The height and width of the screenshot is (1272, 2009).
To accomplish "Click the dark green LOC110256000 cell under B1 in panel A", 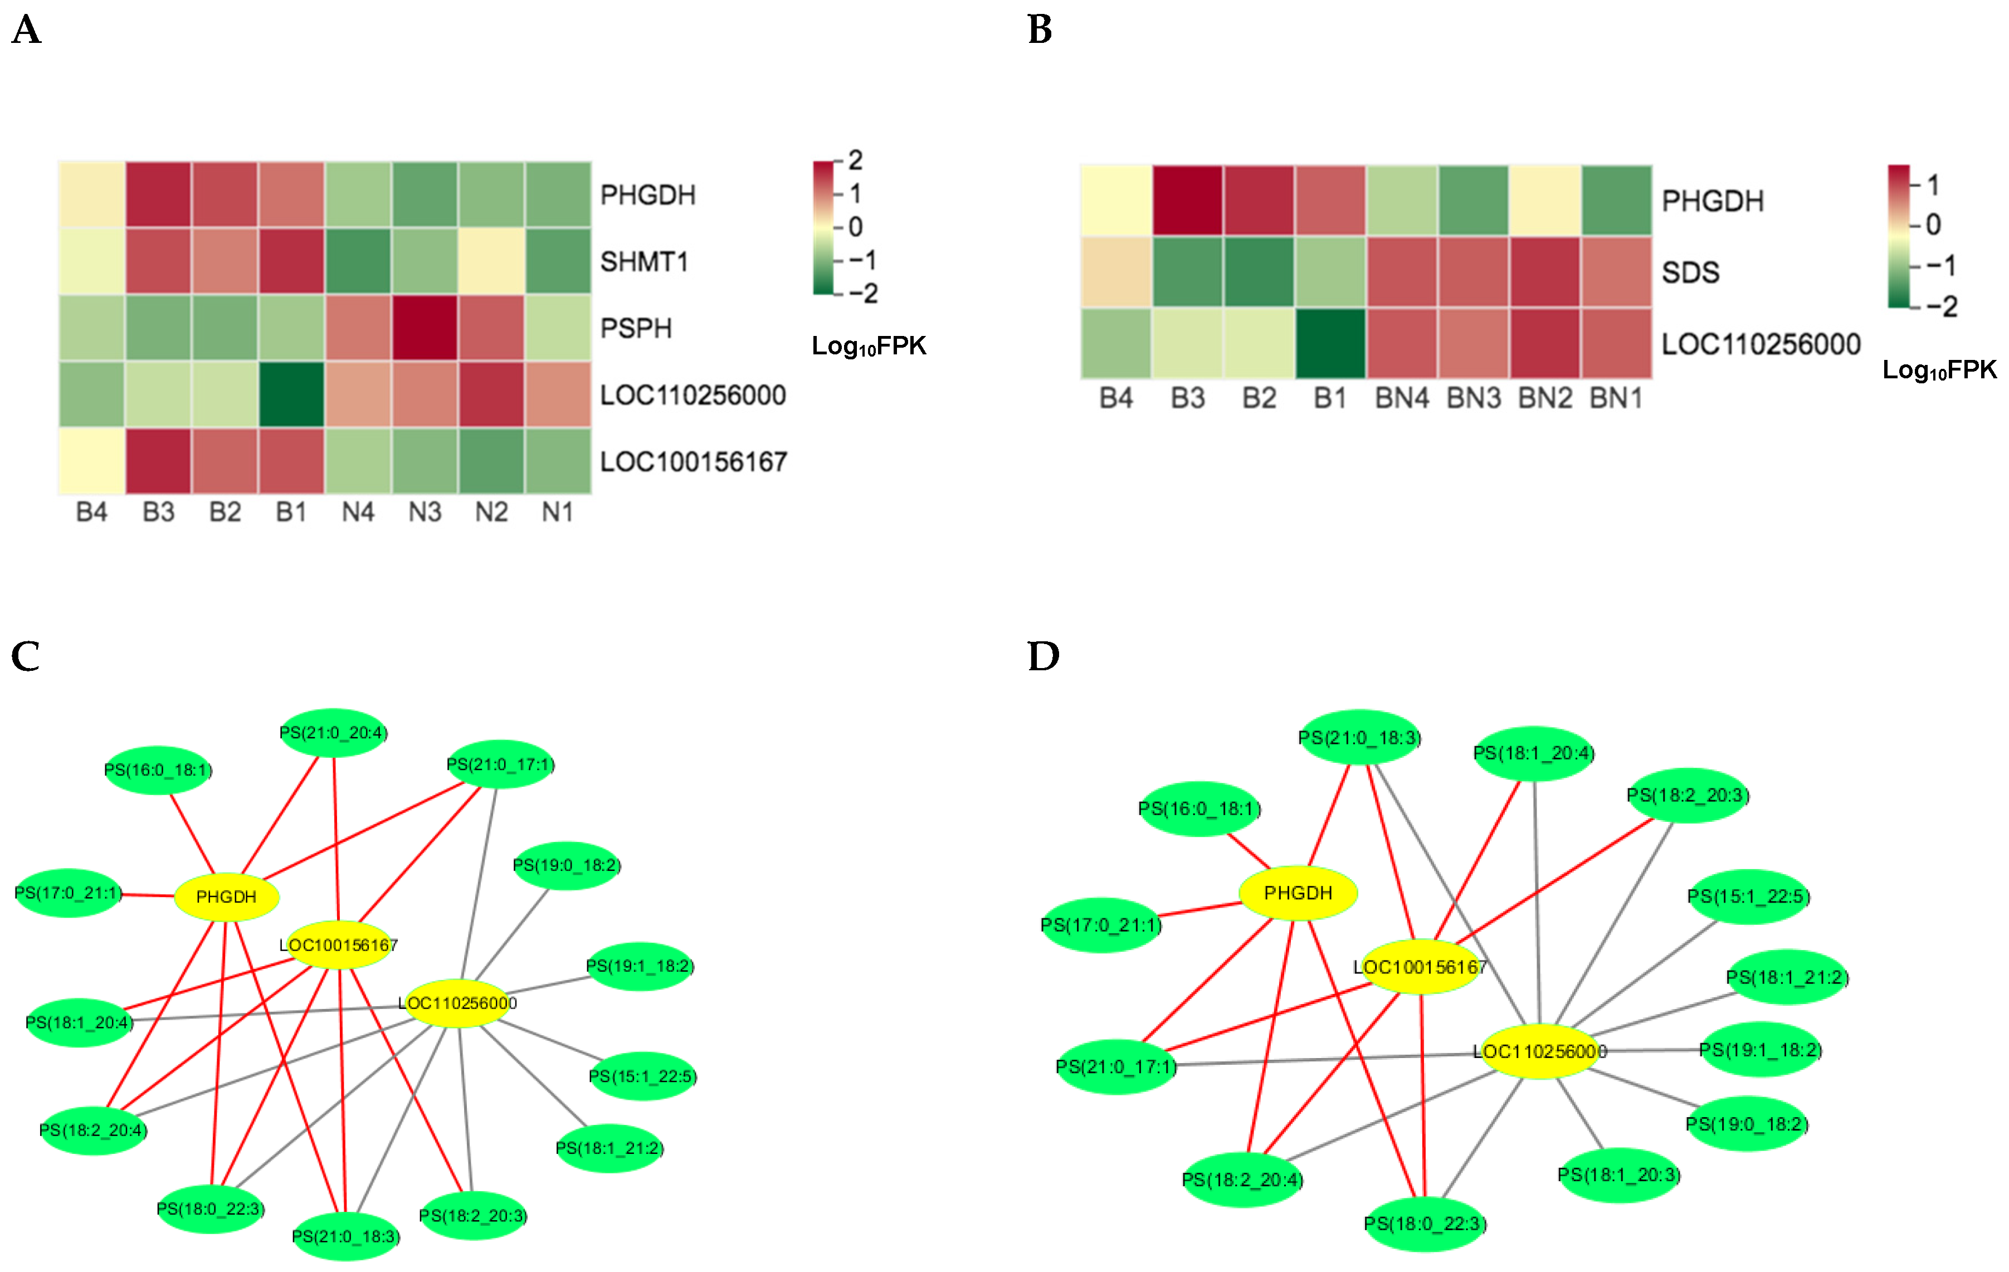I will tap(291, 394).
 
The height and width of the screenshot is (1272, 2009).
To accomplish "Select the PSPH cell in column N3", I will tap(425, 328).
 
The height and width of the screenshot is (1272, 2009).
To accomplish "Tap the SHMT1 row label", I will tap(644, 262).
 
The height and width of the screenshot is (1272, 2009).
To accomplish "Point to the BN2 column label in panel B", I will tap(1545, 399).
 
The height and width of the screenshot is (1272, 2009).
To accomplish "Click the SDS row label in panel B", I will tap(1690, 273).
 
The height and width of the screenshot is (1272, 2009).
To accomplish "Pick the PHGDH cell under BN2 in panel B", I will tap(1545, 201).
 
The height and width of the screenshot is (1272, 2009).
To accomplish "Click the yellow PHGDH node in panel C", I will tap(226, 896).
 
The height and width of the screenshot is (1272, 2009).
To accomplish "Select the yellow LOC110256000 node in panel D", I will tap(1539, 1051).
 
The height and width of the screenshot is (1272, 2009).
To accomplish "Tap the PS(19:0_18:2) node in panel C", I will tap(567, 865).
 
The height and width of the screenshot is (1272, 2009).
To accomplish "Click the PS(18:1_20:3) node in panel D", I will tap(1618, 1174).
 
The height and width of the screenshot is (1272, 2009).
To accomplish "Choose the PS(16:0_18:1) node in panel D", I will tap(1199, 808).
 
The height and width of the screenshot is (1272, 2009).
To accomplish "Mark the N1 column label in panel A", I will tap(557, 512).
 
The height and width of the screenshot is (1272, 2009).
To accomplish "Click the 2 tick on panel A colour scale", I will tap(855, 160).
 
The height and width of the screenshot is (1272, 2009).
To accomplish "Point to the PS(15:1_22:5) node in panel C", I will tap(642, 1076).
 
